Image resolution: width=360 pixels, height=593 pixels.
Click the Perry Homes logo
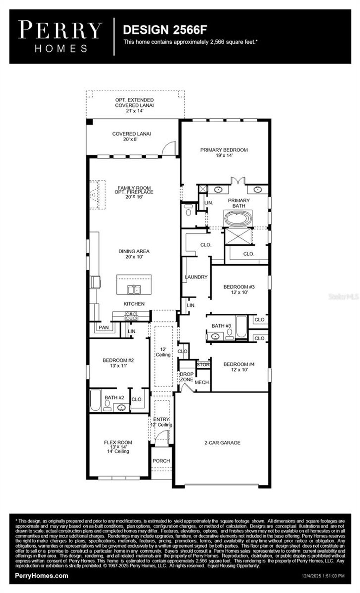tap(60, 37)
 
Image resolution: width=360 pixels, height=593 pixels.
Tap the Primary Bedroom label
tap(224, 152)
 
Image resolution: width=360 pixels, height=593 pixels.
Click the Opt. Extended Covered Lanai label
tap(134, 105)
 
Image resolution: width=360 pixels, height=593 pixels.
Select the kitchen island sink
tap(134, 290)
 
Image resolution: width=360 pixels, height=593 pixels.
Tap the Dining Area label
tap(134, 254)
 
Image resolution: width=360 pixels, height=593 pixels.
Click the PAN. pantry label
tap(104, 327)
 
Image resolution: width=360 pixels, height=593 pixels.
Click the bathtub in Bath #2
tap(95, 400)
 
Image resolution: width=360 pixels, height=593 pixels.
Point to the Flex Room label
tap(118, 447)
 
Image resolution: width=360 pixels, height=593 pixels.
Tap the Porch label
tap(161, 461)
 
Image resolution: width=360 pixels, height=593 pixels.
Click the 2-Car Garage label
tap(222, 443)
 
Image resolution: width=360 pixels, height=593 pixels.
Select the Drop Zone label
tap(186, 377)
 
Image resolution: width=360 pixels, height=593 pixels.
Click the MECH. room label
tap(202, 382)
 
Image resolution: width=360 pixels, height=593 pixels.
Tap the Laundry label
tap(196, 277)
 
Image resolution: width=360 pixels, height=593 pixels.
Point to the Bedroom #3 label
tap(239, 289)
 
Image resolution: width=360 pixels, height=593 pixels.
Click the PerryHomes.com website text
tap(41, 575)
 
